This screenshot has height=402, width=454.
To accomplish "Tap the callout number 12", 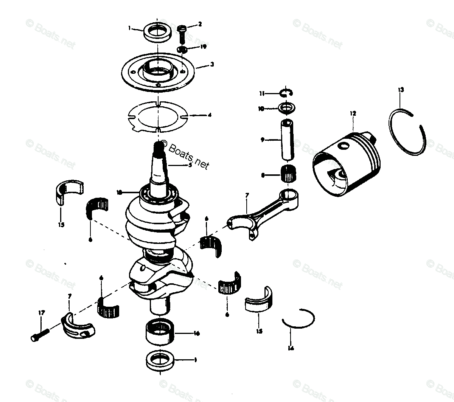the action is click(x=353, y=113).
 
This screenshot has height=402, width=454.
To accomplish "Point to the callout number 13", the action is click(x=401, y=90).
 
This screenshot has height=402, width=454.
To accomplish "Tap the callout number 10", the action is click(x=271, y=109).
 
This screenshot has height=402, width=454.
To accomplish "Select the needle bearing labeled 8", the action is click(x=289, y=175).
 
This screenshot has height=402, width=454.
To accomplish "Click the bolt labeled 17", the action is click(x=40, y=335).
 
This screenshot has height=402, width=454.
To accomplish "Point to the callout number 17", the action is click(x=41, y=313).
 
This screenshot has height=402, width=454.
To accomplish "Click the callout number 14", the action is click(x=290, y=348).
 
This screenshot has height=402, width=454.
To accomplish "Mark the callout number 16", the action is click(x=196, y=334).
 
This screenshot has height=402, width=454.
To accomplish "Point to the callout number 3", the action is click(x=212, y=64).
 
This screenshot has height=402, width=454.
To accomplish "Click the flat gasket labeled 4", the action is click(x=155, y=116).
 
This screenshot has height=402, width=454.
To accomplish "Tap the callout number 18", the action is click(x=119, y=192).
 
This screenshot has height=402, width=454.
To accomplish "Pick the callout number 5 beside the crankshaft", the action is click(x=190, y=165).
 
